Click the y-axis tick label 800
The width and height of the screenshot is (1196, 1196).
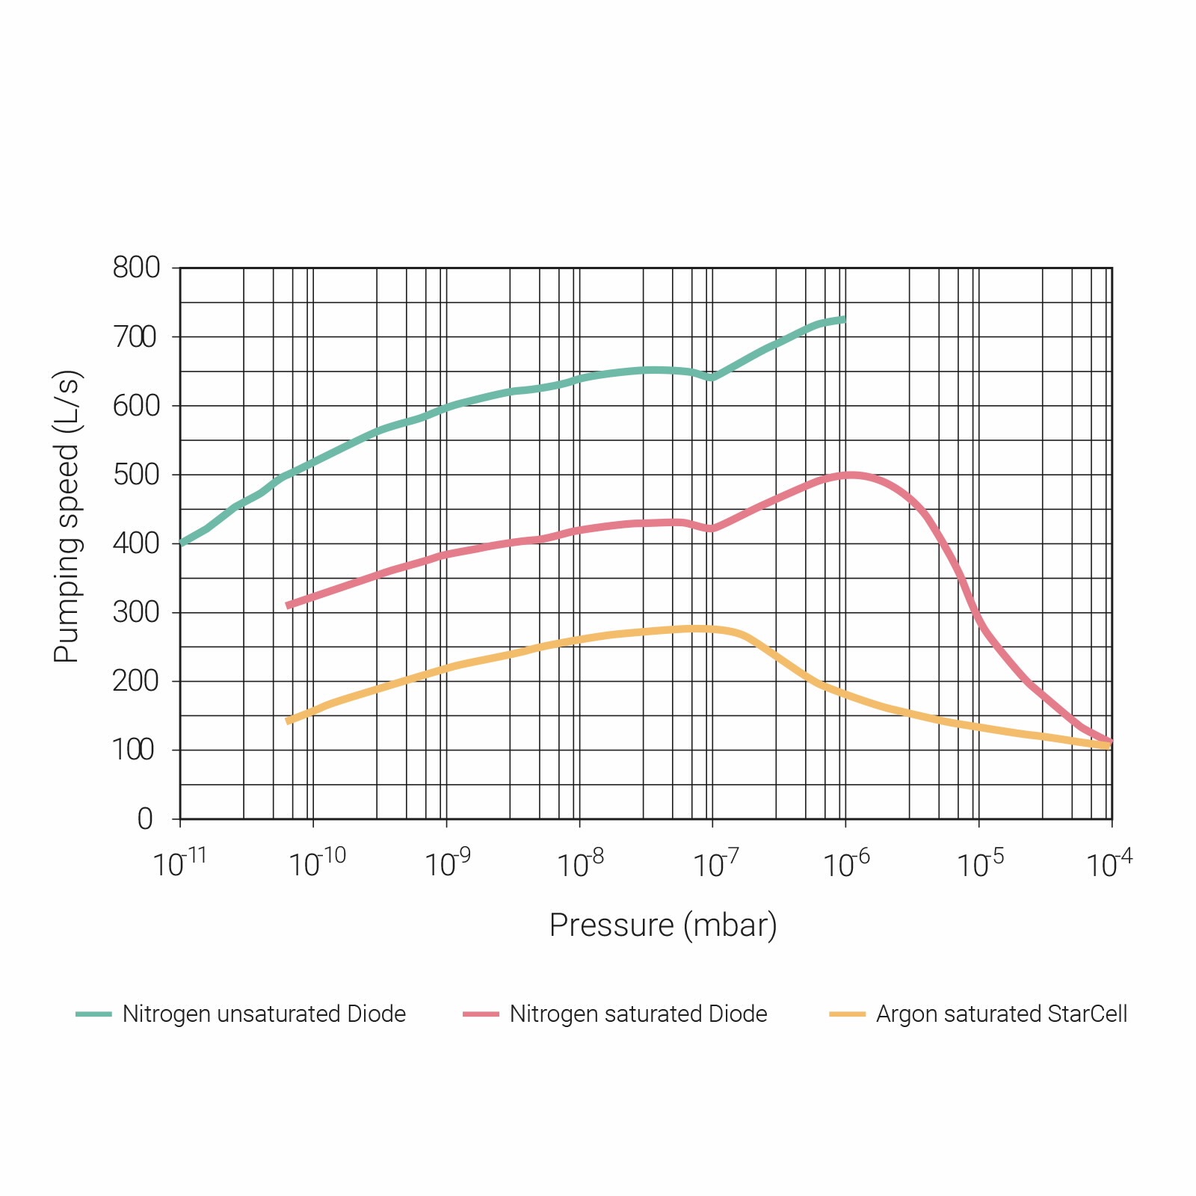click(x=136, y=268)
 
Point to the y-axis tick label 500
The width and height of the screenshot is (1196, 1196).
click(x=136, y=475)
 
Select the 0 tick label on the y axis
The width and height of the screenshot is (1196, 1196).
click(x=145, y=819)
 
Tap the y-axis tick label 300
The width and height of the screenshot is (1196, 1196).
click(x=136, y=612)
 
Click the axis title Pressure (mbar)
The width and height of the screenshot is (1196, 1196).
click(x=663, y=925)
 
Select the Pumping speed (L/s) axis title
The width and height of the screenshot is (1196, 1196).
click(x=67, y=517)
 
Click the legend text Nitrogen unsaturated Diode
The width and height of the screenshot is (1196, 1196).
click(x=264, y=1014)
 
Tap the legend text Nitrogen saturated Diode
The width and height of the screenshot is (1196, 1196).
click(x=638, y=1014)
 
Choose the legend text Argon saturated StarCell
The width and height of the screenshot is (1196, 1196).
click(x=1002, y=1014)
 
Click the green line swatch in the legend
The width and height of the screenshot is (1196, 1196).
click(x=93, y=1014)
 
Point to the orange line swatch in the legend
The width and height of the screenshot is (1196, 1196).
click(x=847, y=1014)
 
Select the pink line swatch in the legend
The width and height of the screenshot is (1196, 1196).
click(x=481, y=1014)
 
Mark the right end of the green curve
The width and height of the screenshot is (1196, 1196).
click(x=844, y=320)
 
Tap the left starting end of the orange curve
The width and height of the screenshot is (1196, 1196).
click(x=289, y=721)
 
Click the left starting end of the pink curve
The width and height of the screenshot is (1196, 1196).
click(x=289, y=605)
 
